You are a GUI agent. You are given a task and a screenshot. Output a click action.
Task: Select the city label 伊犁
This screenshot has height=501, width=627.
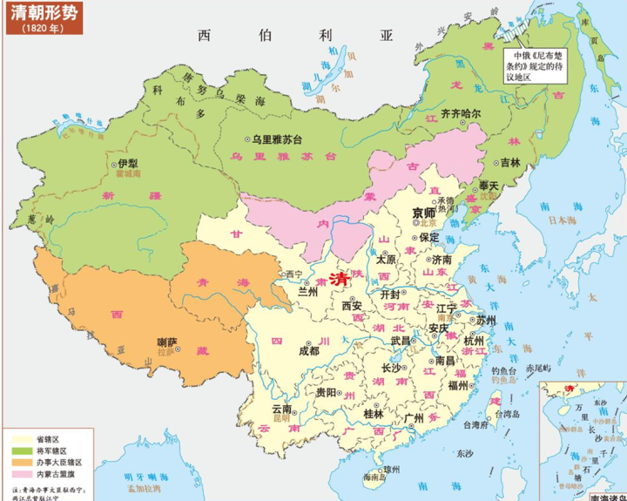[126, 163]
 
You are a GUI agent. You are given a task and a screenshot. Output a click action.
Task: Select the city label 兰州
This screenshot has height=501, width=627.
[308, 291]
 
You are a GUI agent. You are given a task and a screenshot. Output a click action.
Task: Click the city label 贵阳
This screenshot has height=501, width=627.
[327, 393]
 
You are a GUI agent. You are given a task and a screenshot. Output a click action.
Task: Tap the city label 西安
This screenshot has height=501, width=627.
[351, 306]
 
